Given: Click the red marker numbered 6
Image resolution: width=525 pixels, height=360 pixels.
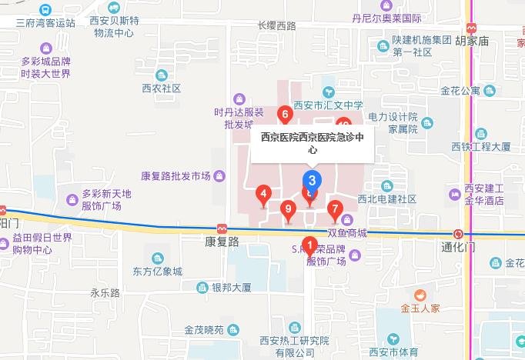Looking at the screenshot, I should pos(286,115).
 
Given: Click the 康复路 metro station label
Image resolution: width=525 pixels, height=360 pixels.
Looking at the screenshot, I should pos(222,241).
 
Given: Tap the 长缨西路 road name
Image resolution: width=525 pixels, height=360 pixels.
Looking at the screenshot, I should pos(277,25).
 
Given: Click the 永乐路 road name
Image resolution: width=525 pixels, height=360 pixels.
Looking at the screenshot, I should pos(105,292).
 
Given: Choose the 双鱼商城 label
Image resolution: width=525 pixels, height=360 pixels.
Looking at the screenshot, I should pos(347,232).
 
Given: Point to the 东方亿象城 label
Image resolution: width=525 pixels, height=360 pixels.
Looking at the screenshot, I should pos(158,271).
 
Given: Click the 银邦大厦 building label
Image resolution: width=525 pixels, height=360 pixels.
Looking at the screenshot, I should pos(232,288).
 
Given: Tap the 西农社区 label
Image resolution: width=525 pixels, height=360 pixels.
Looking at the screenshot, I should pos(161,88).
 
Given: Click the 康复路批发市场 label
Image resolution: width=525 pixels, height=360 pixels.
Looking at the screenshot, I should pos(176,176).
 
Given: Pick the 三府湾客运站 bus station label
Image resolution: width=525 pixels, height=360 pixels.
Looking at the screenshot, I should pos(46,23).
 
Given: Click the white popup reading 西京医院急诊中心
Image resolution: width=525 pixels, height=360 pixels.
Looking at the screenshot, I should pos(312,144).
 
